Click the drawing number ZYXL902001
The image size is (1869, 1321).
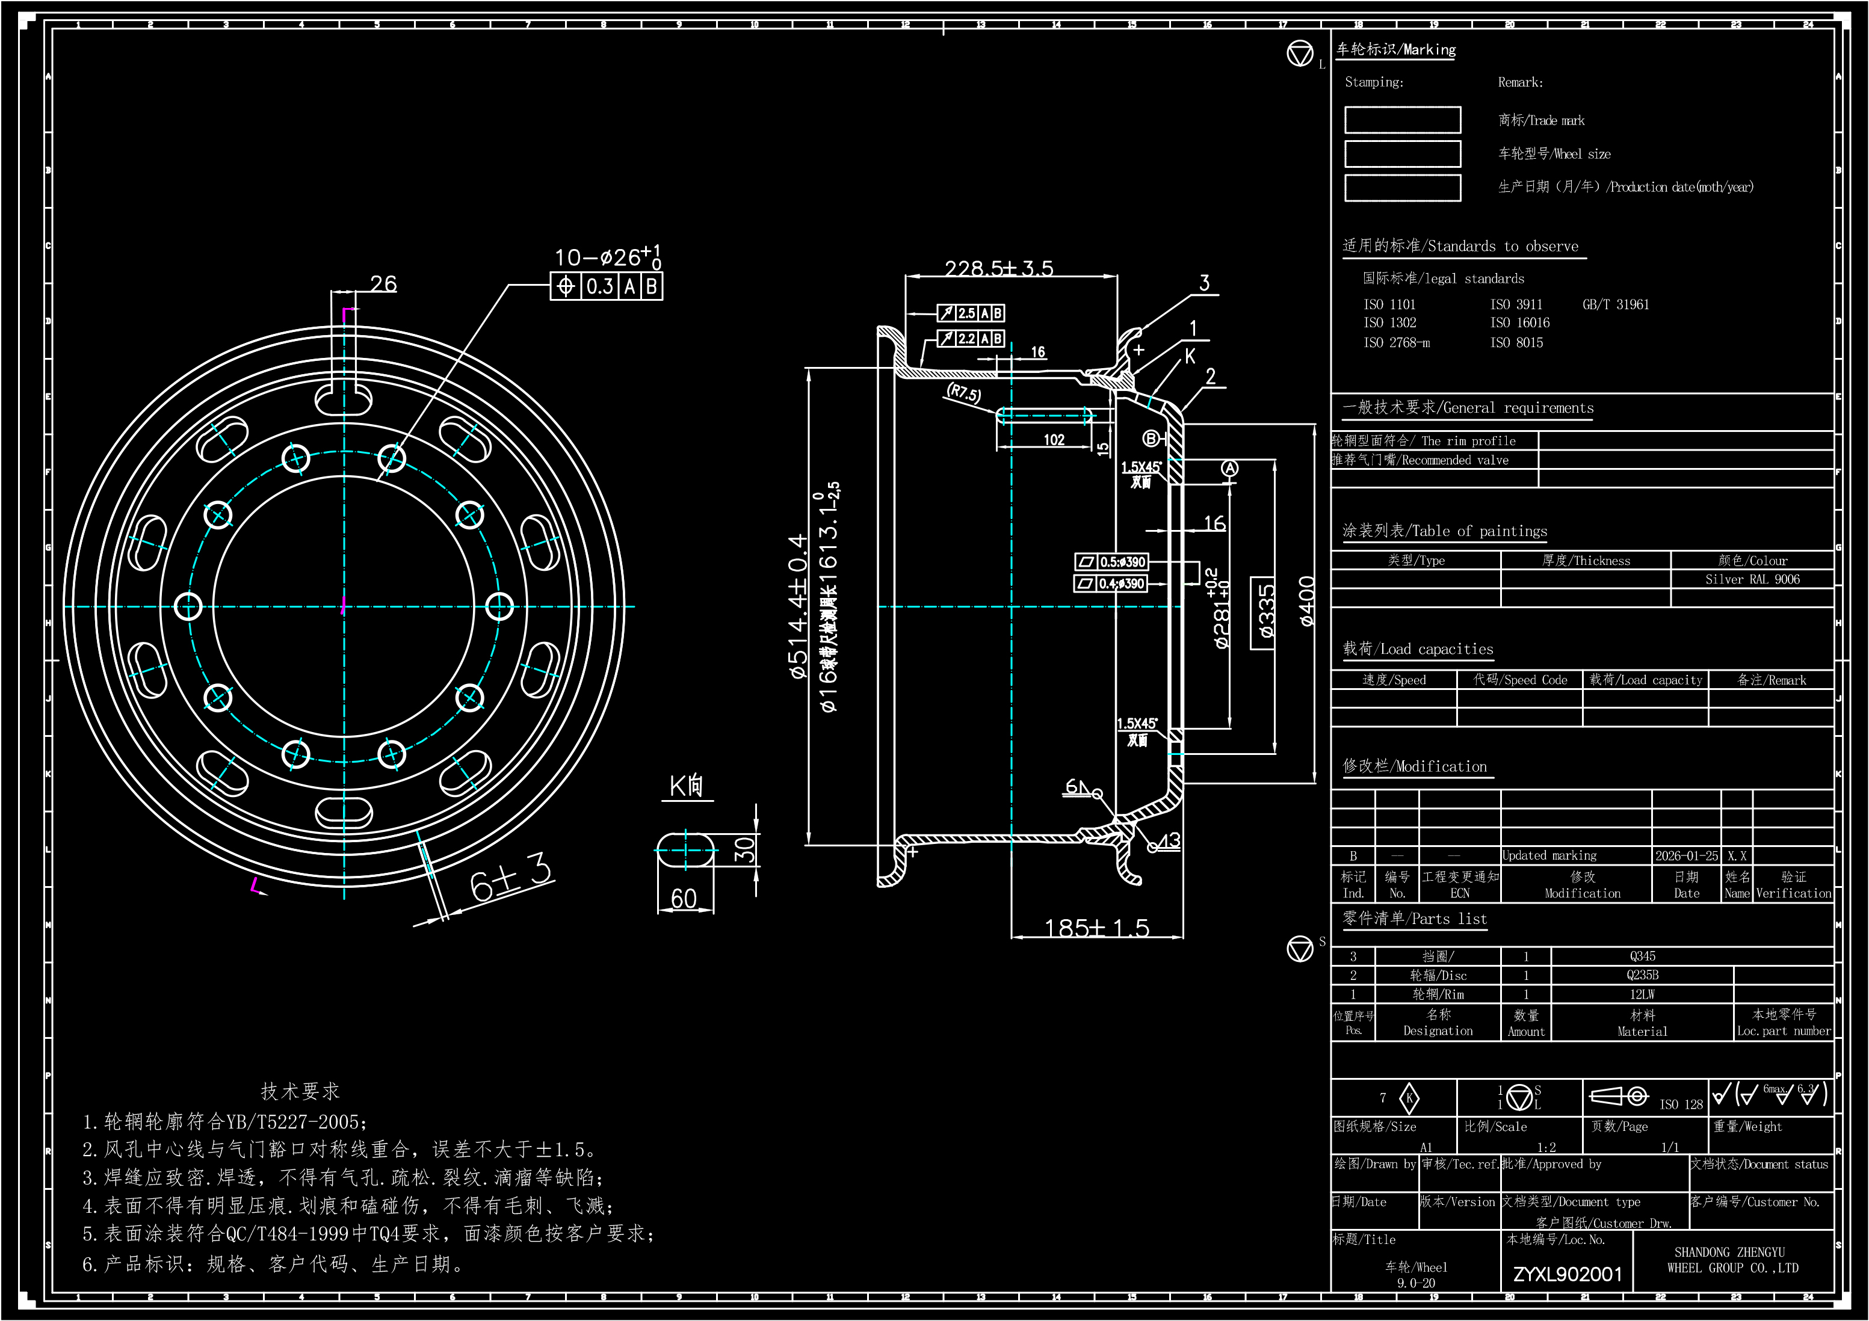[1567, 1274]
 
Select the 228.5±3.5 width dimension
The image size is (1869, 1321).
[999, 268]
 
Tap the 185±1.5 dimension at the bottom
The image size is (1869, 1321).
[1096, 928]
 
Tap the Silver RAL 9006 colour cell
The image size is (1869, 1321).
[1752, 579]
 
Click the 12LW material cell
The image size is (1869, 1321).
[1642, 994]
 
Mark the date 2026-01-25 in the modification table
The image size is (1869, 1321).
[1686, 855]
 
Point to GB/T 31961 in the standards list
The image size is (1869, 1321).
[1615, 304]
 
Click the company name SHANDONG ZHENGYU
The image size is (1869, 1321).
[1729, 1252]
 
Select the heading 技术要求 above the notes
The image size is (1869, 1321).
[300, 1091]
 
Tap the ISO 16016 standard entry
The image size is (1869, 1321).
[1520, 323]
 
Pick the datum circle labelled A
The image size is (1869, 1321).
[1229, 468]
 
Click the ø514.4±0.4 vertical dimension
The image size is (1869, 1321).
[798, 606]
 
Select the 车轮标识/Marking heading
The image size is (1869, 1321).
[1395, 50]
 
